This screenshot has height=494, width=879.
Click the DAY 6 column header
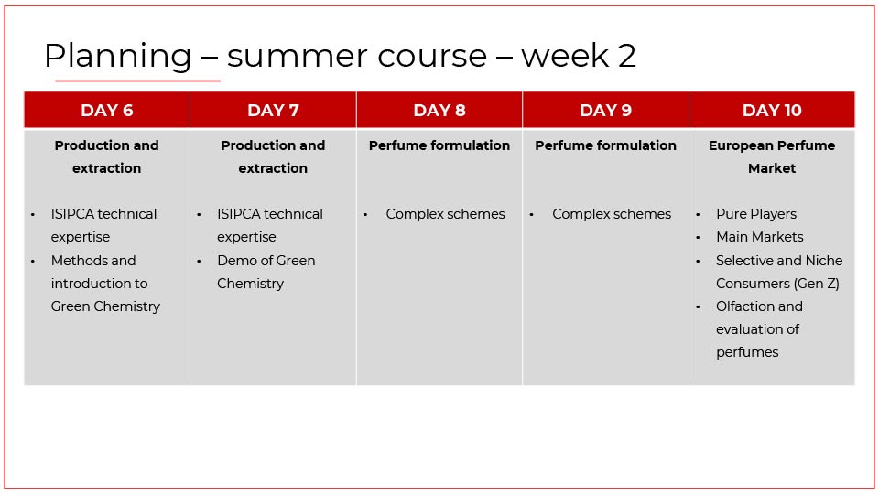point(106,111)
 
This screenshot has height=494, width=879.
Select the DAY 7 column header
point(273,111)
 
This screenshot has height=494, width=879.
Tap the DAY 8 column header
point(439,111)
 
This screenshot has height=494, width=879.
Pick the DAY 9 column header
point(605,111)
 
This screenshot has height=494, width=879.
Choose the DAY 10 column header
point(772,111)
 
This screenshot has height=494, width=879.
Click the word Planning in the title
point(118,57)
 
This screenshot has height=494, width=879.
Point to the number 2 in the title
point(626,56)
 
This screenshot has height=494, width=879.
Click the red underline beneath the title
point(138,81)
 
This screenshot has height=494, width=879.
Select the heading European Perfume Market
point(772,156)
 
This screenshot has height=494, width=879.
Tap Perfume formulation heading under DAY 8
point(439,145)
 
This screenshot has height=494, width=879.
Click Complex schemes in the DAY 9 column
point(612,214)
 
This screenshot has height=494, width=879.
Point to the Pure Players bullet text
point(756,214)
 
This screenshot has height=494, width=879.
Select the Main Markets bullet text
point(760,237)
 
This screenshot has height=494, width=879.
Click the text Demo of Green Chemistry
point(266,273)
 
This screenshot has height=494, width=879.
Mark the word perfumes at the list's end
point(747,353)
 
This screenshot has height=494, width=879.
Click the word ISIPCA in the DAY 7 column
point(239,214)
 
